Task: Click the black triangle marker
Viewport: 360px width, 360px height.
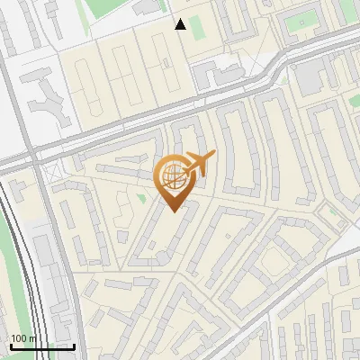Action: (x=181, y=24)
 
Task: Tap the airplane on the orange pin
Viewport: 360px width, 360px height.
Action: (x=199, y=164)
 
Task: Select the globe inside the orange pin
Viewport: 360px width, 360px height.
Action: (x=172, y=175)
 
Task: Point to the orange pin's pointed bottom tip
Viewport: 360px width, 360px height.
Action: (x=172, y=210)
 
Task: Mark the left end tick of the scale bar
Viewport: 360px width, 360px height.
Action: (x=11, y=346)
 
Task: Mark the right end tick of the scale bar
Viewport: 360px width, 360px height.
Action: (x=74, y=346)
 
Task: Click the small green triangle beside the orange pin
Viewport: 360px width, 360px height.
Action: (x=140, y=196)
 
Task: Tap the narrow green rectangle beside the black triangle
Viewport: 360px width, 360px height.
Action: (x=197, y=27)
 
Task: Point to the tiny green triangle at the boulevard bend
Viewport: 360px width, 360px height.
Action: (x=334, y=211)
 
